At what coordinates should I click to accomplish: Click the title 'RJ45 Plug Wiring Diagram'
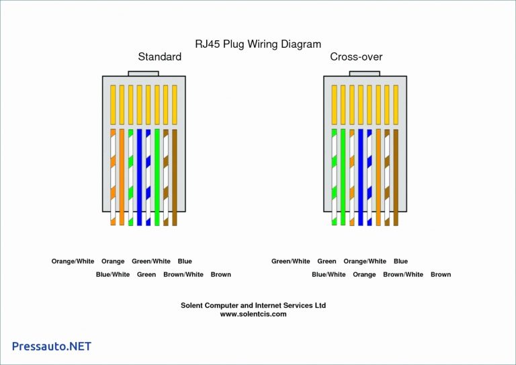tap(258, 44)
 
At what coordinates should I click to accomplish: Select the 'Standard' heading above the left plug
tap(159, 57)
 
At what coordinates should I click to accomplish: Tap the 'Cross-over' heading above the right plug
tap(356, 57)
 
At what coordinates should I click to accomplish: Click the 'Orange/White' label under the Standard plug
tap(73, 261)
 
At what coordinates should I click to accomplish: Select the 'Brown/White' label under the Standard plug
tap(183, 275)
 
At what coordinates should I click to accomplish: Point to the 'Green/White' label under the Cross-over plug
tap(290, 261)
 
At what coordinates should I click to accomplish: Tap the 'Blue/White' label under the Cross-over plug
tap(329, 275)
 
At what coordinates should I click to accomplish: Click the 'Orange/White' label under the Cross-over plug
tap(365, 261)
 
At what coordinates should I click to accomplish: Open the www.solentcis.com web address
tap(253, 314)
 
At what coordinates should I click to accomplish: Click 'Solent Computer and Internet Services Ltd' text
tap(253, 305)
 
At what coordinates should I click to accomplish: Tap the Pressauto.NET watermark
tap(52, 346)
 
